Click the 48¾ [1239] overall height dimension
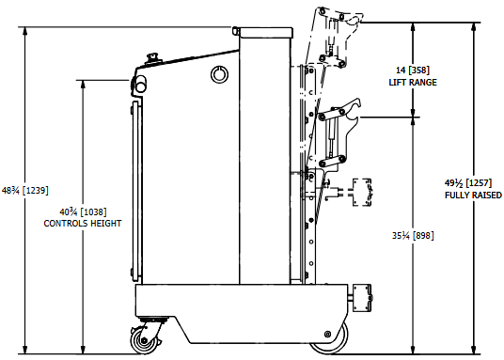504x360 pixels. tap(25, 190)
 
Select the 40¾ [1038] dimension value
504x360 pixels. tap(83, 211)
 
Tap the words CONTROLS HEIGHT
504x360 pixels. tap(83, 223)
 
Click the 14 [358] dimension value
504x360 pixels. tap(413, 70)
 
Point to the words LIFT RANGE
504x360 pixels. tap(413, 83)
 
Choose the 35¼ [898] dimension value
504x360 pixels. tap(413, 235)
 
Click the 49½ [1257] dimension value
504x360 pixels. tap(468, 183)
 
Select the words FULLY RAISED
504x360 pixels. tap(473, 196)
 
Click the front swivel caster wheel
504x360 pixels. tap(143, 339)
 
